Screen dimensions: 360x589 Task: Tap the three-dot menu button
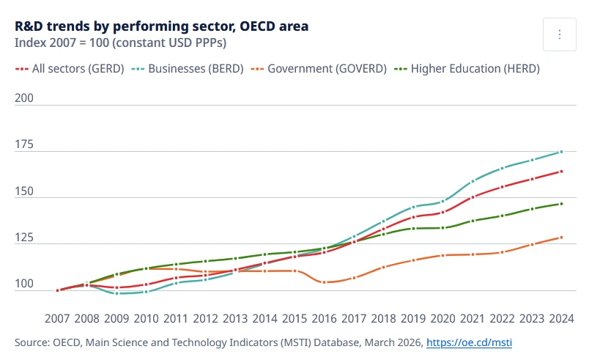click(560, 34)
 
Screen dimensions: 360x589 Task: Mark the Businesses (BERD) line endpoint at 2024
click(561, 152)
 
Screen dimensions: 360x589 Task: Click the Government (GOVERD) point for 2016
click(324, 282)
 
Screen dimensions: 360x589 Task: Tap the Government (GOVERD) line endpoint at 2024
click(561, 237)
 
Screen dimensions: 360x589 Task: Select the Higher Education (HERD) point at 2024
click(561, 204)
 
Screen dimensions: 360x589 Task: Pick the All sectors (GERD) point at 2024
click(561, 172)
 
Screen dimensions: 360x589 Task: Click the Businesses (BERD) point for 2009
click(117, 293)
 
